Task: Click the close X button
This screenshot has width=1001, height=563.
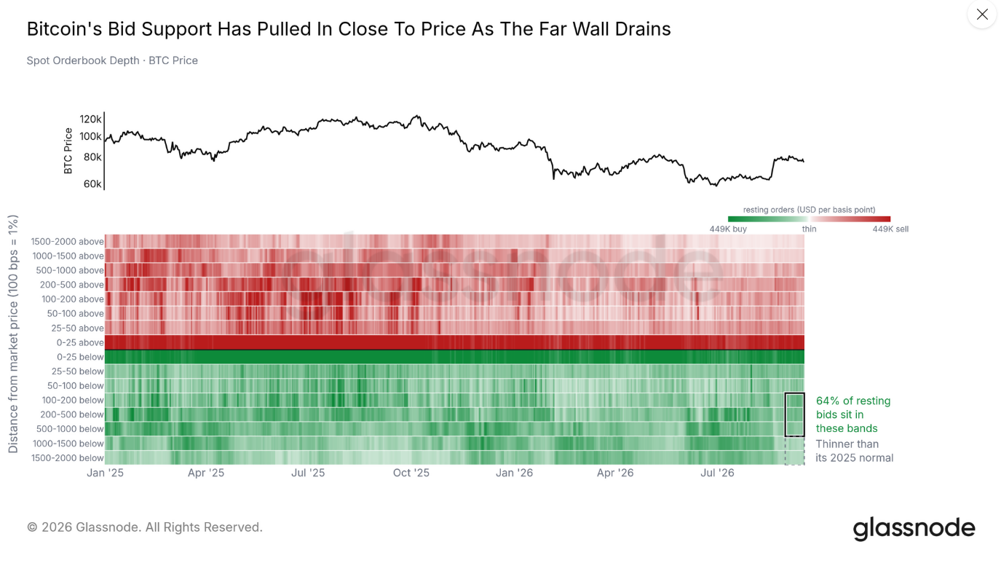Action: tap(982, 15)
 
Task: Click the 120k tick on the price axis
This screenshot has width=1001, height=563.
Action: tap(90, 119)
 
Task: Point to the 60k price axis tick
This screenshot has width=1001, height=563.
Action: tap(92, 184)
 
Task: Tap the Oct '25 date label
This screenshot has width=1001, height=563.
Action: tap(411, 473)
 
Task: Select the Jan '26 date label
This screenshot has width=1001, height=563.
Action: tap(514, 473)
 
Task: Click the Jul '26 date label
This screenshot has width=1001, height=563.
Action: tap(717, 473)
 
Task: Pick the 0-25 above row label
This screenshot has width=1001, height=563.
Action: tap(80, 342)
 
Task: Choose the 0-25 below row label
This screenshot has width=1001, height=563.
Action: tap(80, 357)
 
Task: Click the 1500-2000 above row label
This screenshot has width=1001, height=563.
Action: tap(67, 242)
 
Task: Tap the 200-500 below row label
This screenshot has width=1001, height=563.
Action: tap(71, 414)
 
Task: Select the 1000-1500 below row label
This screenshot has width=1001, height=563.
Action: tap(68, 444)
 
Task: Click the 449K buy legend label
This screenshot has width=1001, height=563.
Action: tap(728, 229)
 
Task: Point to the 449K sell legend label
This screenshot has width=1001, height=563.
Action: tap(890, 229)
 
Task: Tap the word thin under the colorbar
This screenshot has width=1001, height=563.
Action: tap(809, 229)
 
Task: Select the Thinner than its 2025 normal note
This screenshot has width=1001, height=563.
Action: tap(854, 451)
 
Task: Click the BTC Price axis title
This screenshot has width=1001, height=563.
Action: tap(68, 151)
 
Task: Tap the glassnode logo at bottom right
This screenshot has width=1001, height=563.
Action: tap(914, 529)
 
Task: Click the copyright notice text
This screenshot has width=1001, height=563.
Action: tap(145, 527)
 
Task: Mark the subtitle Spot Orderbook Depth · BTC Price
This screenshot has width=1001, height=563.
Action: tap(112, 60)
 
